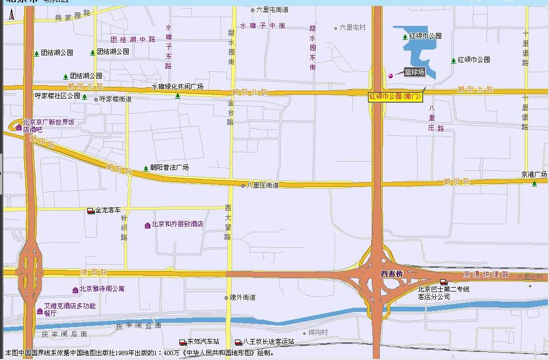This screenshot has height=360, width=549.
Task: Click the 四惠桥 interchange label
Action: click(x=392, y=274)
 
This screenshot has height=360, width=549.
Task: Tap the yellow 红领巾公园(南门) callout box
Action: click(x=395, y=97)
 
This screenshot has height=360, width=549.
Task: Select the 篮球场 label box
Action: click(x=414, y=72)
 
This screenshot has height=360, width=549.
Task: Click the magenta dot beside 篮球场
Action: click(x=391, y=75)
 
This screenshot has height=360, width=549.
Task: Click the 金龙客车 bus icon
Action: click(x=91, y=211)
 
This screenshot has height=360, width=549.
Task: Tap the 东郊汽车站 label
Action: click(x=203, y=342)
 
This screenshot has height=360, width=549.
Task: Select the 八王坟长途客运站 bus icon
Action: click(x=238, y=342)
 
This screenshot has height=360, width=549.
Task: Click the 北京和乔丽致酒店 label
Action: click(x=177, y=224)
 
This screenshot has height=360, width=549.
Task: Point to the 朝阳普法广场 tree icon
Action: click(x=145, y=168)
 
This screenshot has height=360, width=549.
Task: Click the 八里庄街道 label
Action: click(x=263, y=185)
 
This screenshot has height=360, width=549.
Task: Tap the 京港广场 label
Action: click(x=534, y=175)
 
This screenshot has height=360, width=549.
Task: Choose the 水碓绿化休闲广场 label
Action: click(x=177, y=86)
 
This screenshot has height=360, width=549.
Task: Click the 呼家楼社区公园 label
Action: click(x=57, y=96)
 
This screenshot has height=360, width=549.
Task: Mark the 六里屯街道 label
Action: click(x=272, y=10)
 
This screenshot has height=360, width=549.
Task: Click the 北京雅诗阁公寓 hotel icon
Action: click(x=75, y=290)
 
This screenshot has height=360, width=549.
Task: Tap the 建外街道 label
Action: click(x=242, y=297)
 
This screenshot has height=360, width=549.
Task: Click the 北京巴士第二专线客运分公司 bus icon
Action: click(x=443, y=282)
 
